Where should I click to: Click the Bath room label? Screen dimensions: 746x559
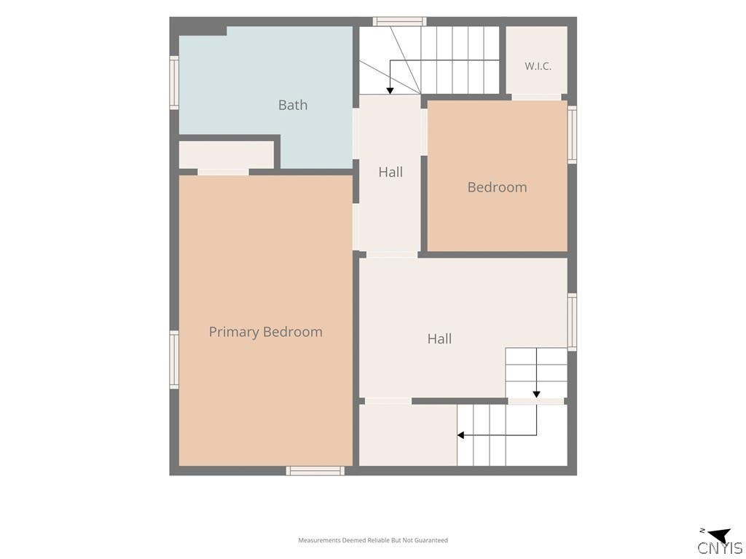tap(293, 105)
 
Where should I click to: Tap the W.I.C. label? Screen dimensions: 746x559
tap(538, 66)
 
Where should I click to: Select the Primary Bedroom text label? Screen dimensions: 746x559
tap(265, 332)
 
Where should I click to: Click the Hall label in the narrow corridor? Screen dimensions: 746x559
tap(390, 172)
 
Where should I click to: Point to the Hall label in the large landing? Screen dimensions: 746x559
tap(439, 338)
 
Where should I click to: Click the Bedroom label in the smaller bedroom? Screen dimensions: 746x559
tap(497, 187)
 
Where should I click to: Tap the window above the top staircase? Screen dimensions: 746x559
tap(399, 21)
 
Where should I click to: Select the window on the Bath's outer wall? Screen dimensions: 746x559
tap(174, 83)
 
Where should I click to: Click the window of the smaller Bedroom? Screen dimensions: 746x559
tap(573, 135)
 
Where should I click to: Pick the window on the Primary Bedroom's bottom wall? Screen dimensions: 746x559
tap(315, 471)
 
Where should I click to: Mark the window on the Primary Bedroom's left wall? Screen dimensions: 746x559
tap(174, 360)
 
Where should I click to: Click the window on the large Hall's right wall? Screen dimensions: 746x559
tap(573, 322)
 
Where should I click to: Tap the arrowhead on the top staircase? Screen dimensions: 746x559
tap(390, 90)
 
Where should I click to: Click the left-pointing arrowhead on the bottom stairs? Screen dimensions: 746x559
tap(460, 435)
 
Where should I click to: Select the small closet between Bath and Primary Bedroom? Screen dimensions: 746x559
tap(227, 154)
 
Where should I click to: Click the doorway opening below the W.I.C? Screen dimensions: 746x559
tap(536, 98)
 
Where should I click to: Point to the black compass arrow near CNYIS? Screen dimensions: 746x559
tap(719, 535)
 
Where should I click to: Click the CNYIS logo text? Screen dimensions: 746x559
tap(720, 547)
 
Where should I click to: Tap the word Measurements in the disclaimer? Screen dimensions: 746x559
tap(319, 540)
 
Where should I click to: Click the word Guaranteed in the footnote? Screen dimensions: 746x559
tap(431, 540)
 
